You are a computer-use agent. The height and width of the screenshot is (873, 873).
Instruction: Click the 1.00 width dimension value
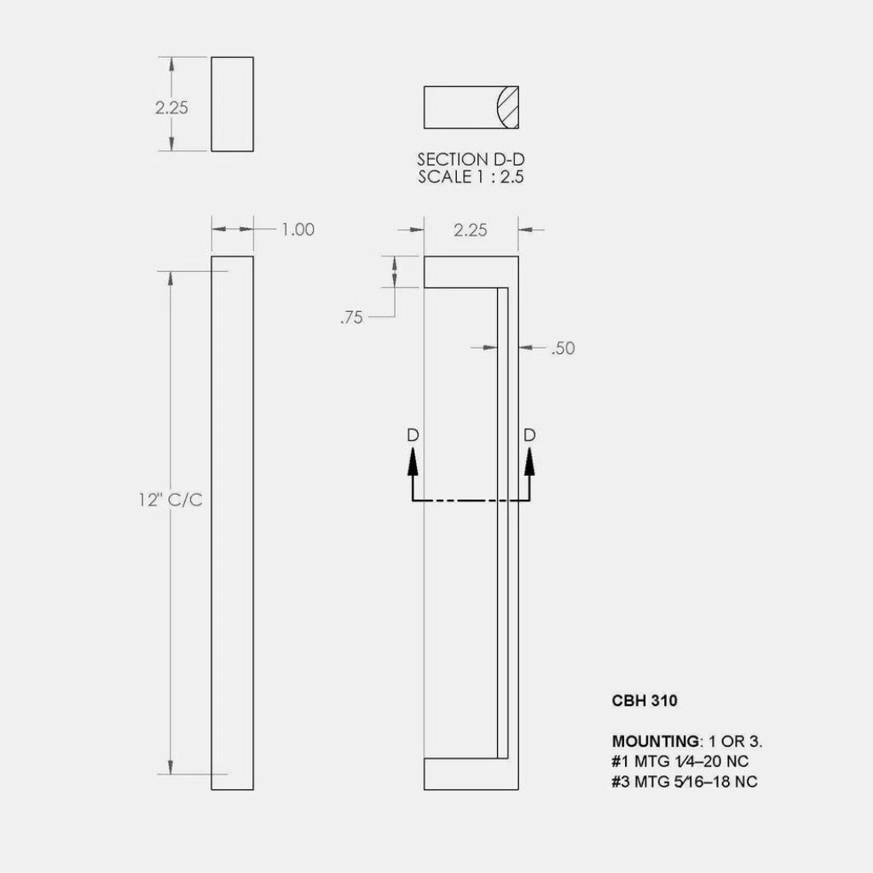[298, 229]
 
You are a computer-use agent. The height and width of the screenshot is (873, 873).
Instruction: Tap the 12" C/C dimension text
[171, 500]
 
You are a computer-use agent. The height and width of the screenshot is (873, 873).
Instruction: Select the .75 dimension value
[351, 317]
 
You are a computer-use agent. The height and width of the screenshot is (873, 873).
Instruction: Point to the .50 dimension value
[563, 348]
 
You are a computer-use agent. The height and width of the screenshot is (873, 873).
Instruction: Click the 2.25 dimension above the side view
[471, 230]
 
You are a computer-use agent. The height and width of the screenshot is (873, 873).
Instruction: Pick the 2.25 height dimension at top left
[171, 107]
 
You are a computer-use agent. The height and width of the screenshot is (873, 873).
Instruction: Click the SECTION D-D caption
[471, 159]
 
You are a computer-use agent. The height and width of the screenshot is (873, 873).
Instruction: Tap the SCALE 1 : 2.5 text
[471, 176]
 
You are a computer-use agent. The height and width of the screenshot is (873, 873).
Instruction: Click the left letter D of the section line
[413, 435]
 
